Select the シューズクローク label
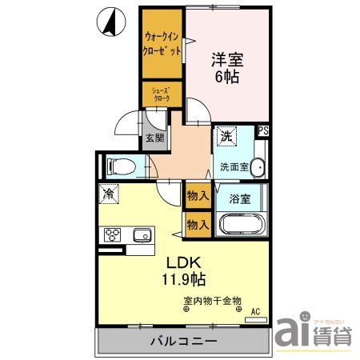click(x=162, y=94)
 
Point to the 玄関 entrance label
click(x=155, y=137)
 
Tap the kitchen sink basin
click(x=142, y=234)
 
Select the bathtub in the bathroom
click(x=241, y=223)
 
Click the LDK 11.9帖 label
click(x=186, y=270)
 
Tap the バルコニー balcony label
click(x=183, y=341)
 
